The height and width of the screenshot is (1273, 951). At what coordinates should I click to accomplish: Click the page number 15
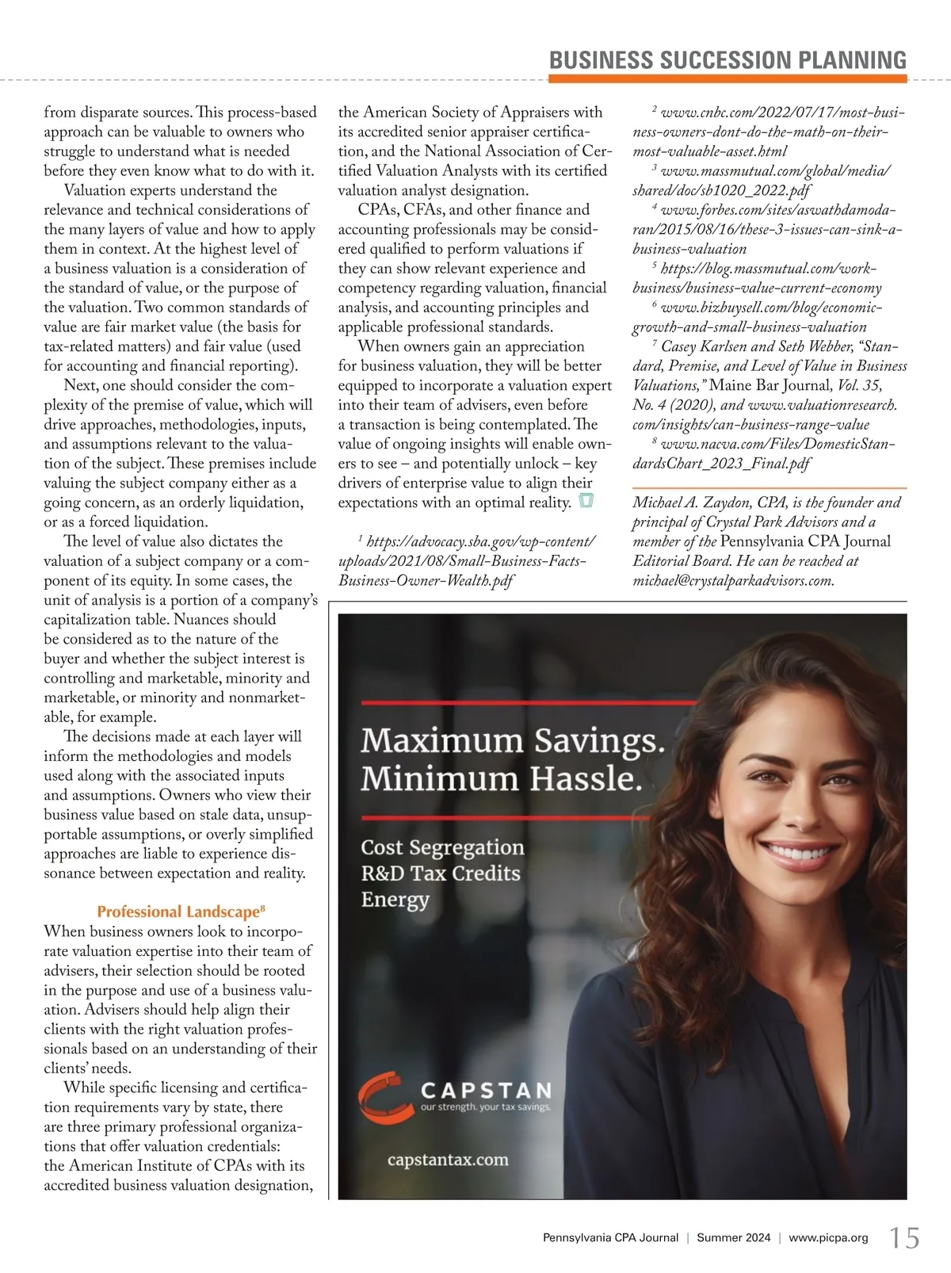[904, 1237]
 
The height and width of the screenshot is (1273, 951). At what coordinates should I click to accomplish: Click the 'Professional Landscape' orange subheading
[178, 912]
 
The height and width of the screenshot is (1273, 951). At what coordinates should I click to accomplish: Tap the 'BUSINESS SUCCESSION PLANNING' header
[728, 60]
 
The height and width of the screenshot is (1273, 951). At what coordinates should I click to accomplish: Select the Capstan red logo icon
[382, 1099]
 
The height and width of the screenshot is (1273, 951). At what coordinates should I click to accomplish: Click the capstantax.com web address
[448, 1160]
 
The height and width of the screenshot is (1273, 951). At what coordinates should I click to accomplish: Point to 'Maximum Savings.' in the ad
[512, 740]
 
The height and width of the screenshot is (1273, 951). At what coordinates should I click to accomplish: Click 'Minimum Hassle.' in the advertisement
[501, 779]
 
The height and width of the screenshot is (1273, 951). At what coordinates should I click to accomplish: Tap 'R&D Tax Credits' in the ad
[441, 874]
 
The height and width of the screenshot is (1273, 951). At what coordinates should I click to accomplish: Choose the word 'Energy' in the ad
[395, 900]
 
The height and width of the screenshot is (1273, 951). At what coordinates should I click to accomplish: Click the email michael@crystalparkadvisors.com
[733, 580]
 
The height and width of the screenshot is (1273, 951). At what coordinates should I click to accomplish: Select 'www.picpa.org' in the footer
[828, 1238]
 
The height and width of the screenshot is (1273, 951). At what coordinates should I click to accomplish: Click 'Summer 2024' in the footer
[733, 1238]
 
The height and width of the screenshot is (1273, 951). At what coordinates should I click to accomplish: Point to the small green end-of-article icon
[586, 502]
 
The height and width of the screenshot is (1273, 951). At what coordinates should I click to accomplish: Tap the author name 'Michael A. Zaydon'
[692, 503]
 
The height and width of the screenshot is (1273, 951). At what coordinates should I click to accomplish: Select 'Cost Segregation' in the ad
[442, 847]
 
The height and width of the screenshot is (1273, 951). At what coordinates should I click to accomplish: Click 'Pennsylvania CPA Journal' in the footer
[610, 1238]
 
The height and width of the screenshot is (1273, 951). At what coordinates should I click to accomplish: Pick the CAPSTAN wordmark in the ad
[486, 1091]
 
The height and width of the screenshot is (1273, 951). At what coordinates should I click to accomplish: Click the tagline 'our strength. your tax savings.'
[485, 1107]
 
